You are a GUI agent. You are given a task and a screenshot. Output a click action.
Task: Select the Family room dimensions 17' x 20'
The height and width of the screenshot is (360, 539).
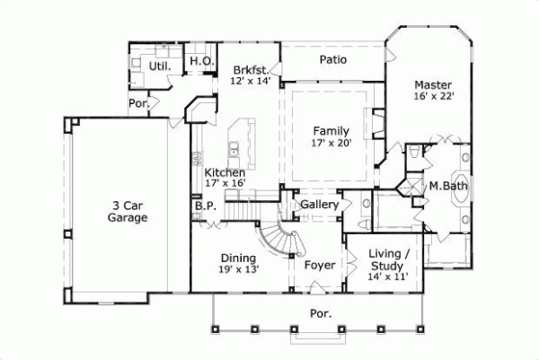tap(331, 142)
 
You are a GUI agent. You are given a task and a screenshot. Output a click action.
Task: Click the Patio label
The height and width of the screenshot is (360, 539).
tap(334, 60)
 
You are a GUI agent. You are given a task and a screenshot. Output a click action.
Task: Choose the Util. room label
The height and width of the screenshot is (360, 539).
tap(161, 66)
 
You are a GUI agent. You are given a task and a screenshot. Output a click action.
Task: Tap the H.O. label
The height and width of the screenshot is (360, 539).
tap(199, 61)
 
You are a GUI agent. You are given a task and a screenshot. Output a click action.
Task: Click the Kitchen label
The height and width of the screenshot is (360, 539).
tap(224, 172)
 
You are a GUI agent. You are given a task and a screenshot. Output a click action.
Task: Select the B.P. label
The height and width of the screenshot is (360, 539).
tap(204, 205)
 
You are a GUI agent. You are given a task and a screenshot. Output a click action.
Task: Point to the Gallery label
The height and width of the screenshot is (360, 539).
tap(319, 206)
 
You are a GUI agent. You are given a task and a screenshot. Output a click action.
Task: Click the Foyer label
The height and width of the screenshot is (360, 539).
tap(319, 266)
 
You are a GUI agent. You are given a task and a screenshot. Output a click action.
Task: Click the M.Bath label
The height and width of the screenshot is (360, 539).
tap(446, 187)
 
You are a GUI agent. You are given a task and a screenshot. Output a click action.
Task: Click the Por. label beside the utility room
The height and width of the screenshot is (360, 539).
tap(139, 104)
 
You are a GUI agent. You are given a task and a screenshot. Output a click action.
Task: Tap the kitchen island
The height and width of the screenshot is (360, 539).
tap(239, 144)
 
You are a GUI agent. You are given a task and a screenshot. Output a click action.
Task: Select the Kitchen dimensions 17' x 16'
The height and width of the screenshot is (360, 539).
tap(225, 184)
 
